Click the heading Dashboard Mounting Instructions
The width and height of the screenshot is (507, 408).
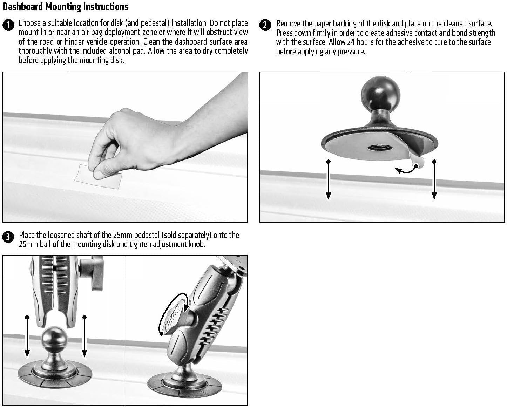[66, 7]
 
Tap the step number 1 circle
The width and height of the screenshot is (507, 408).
[8, 25]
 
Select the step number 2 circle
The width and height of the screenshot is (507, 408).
[265, 25]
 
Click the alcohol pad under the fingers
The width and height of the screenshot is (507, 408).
[98, 177]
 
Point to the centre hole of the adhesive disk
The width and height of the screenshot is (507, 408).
[380, 148]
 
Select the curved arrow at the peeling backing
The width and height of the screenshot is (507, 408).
[406, 170]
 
